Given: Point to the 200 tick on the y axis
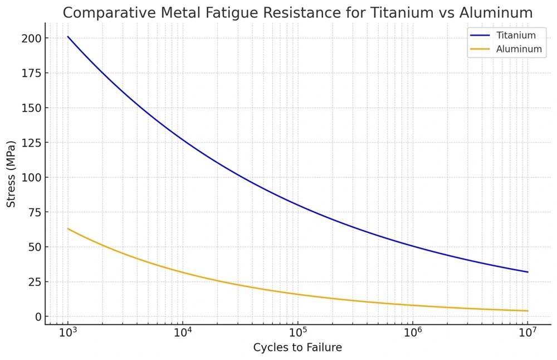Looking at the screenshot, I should pos(33,38).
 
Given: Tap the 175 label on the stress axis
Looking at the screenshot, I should pos(33,73).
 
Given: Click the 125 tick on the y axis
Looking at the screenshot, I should pos(33,143).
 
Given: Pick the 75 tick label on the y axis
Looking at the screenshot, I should pos(36,212).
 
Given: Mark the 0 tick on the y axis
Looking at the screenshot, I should pos(39,317).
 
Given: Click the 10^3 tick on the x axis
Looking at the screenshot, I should pos(68,333).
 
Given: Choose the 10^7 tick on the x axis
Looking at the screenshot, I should pos(527,333).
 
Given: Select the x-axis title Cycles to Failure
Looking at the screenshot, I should pos(297,348).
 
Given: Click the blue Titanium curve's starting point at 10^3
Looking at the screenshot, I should pos(68,37).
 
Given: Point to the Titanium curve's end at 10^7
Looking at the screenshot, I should pos(527,272).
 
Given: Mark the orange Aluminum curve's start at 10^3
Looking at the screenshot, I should pos(68,228).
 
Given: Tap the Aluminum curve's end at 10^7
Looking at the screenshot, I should pos(527,311).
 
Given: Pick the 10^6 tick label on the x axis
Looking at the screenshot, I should pos(413,333).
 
